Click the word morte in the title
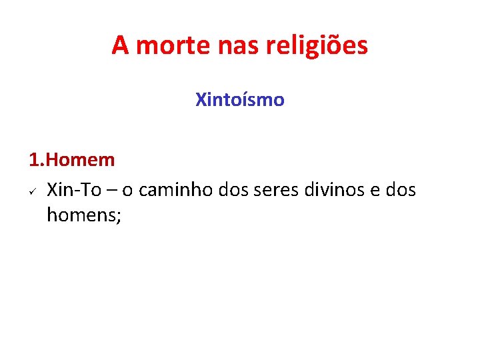pyautogui.click(x=169, y=45)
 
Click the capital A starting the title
pyautogui.click(x=119, y=45)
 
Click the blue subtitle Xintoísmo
pyautogui.click(x=240, y=100)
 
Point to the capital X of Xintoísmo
pyautogui.click(x=201, y=100)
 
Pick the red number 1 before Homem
pyautogui.click(x=34, y=160)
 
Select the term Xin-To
pyautogui.click(x=73, y=190)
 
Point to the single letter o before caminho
pyautogui.click(x=127, y=191)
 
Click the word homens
pyautogui.click(x=81, y=215)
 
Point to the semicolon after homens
pyautogui.click(x=118, y=216)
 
